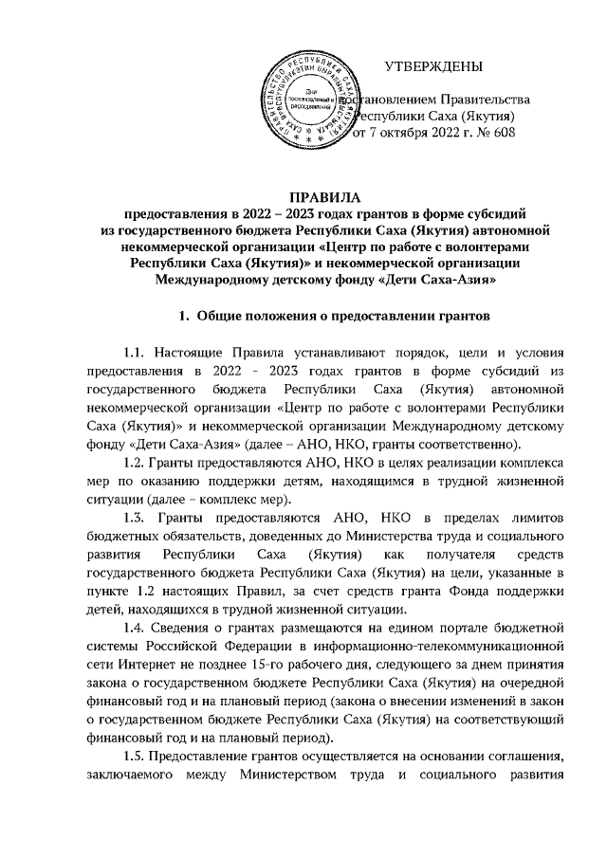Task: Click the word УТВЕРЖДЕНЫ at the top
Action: tap(433, 66)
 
